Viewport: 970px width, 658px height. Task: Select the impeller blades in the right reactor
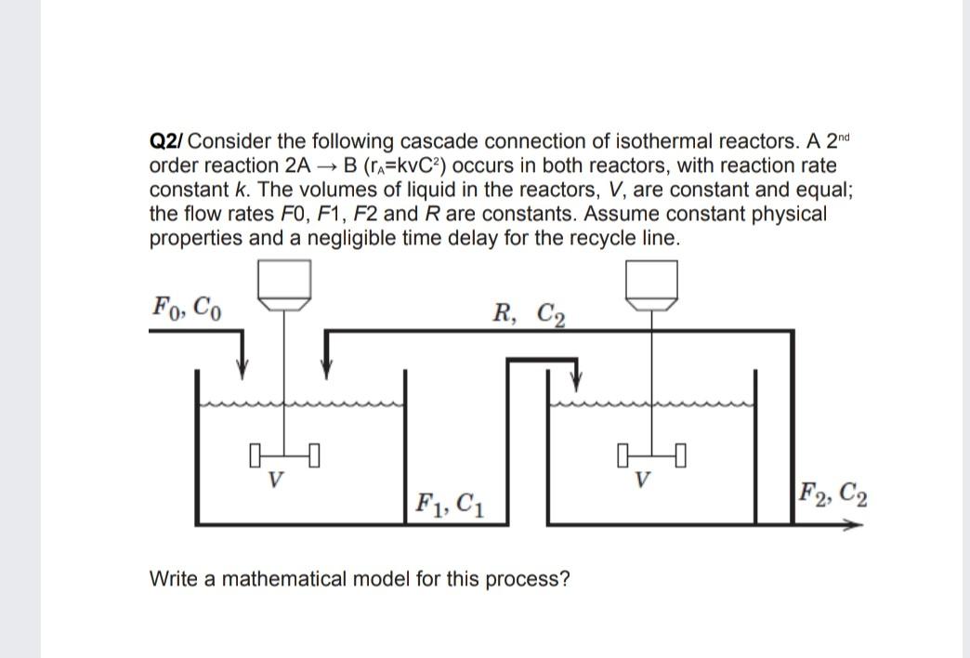click(x=654, y=456)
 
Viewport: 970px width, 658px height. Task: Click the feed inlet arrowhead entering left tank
click(x=242, y=369)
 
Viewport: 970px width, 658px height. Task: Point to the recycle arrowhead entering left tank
click(x=325, y=369)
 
